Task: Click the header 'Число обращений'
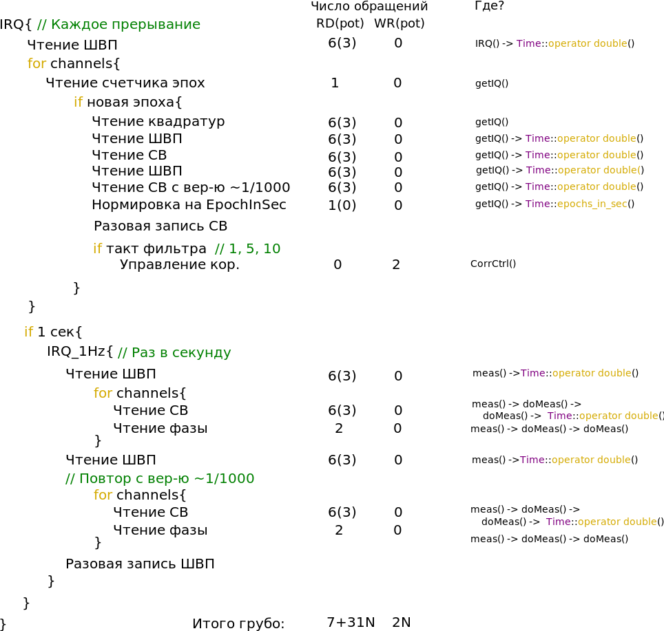click(369, 7)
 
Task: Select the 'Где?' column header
click(489, 6)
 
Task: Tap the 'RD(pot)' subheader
click(340, 23)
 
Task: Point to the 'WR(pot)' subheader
click(400, 23)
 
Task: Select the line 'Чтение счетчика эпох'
click(125, 83)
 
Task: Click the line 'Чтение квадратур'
click(158, 122)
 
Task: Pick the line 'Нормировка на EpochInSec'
click(189, 204)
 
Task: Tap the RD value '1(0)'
click(342, 206)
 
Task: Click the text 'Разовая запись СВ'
click(160, 226)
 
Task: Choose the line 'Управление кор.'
click(180, 265)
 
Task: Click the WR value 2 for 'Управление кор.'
click(396, 265)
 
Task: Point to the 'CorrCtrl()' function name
click(493, 264)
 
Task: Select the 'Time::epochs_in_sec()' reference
click(580, 204)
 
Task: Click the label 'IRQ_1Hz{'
click(80, 352)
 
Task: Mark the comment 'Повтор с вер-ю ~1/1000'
click(160, 478)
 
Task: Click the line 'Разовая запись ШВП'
click(140, 564)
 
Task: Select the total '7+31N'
click(351, 623)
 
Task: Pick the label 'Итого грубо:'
click(238, 623)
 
